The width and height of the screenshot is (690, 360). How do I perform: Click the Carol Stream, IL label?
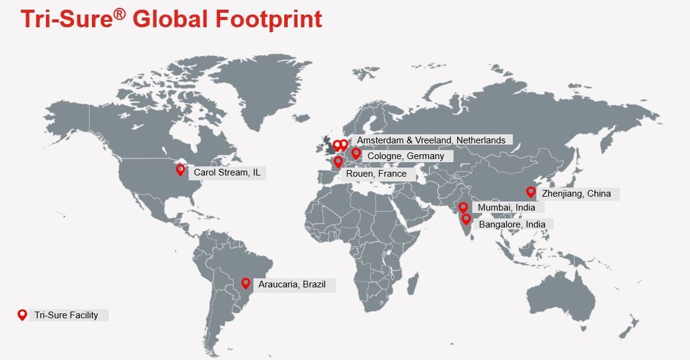coord(227,173)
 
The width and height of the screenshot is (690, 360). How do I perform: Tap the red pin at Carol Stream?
coord(180,170)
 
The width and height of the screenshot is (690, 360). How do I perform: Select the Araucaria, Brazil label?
coord(291,284)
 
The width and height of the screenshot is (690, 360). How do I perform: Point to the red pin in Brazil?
coord(246,283)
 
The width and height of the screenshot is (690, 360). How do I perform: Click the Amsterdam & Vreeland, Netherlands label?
coord(431,140)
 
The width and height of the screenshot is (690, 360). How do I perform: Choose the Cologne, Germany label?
coord(405,156)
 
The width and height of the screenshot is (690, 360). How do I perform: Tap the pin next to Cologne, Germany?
coord(356,154)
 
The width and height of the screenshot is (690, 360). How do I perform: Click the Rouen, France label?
coord(376,174)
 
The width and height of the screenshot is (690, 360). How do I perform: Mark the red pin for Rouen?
coord(338,162)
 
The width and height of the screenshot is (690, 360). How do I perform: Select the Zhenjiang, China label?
coord(576,194)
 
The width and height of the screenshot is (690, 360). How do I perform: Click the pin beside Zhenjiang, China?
coord(531,192)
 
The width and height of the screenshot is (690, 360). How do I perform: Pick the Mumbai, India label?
coord(506,208)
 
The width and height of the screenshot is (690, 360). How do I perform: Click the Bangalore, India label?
coord(512,224)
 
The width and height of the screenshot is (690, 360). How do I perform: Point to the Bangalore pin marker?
coord(466,219)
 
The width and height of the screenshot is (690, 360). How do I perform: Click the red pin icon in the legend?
coord(22,315)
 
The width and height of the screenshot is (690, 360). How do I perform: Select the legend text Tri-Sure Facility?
coord(66,315)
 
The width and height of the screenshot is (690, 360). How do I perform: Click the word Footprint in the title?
coord(269,19)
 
